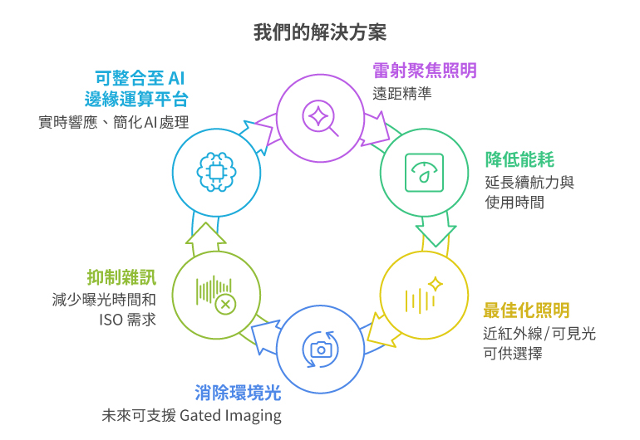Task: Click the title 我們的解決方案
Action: click(319, 32)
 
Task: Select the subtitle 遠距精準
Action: click(402, 92)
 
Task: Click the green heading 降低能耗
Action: click(519, 159)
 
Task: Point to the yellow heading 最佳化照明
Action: click(526, 310)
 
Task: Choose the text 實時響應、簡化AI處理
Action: click(113, 123)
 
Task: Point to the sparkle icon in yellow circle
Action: click(424, 295)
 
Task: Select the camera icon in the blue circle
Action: click(320, 348)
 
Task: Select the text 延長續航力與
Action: click(529, 182)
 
